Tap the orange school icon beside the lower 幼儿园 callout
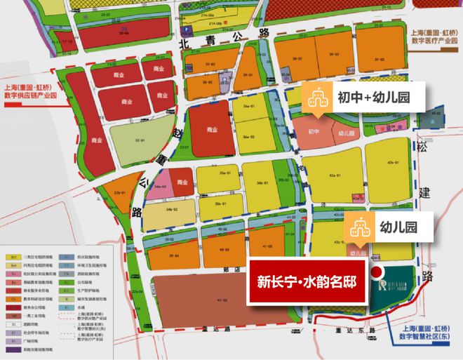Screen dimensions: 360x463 (358, 228)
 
